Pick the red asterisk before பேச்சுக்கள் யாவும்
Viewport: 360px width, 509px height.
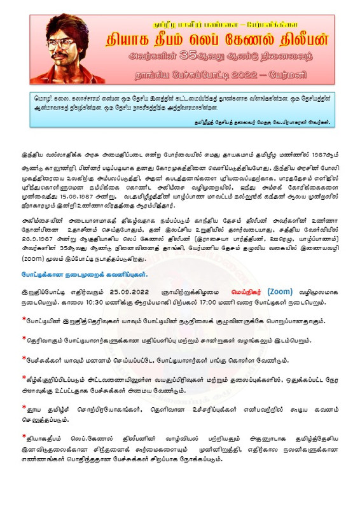24,358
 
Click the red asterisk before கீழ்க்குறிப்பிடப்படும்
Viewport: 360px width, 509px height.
24,377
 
